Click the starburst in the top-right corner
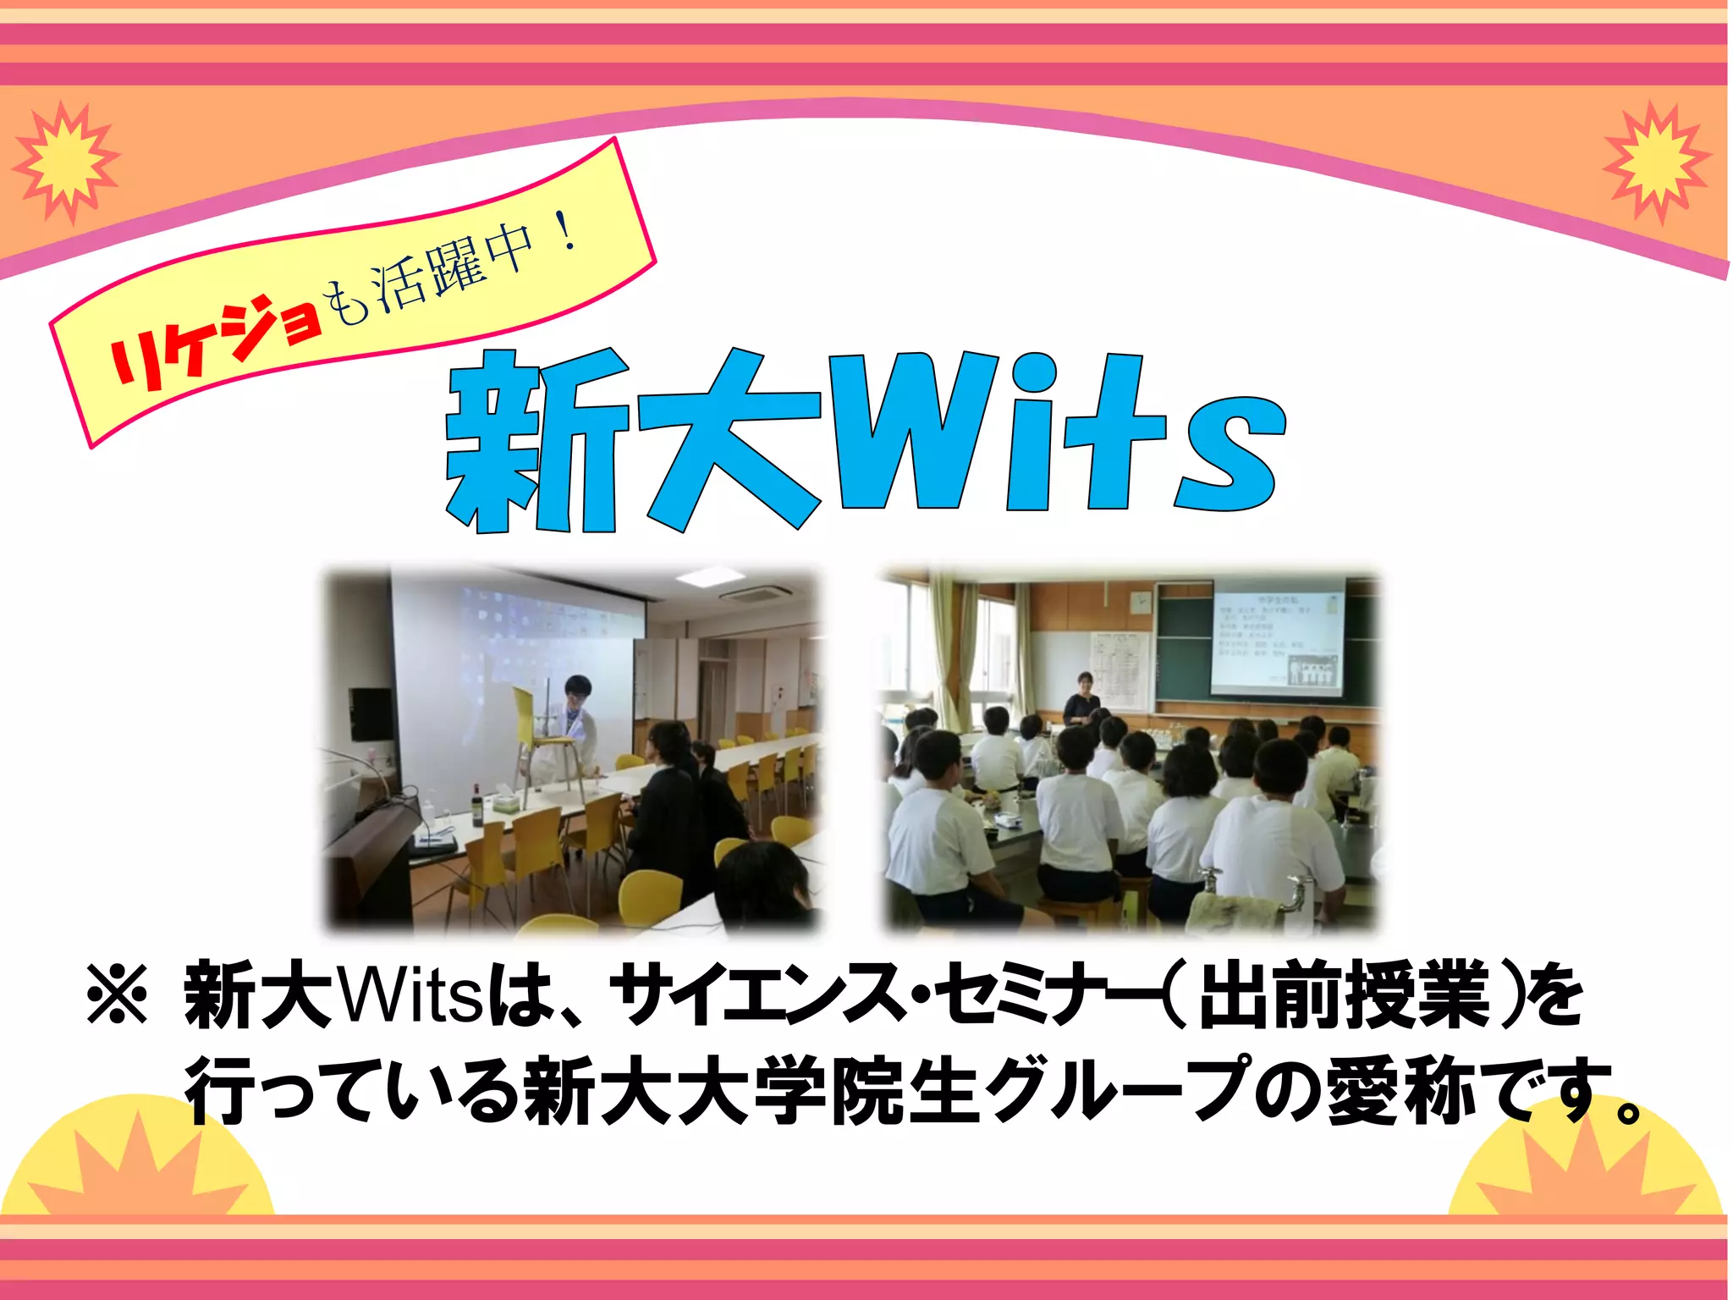tap(1656, 161)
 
